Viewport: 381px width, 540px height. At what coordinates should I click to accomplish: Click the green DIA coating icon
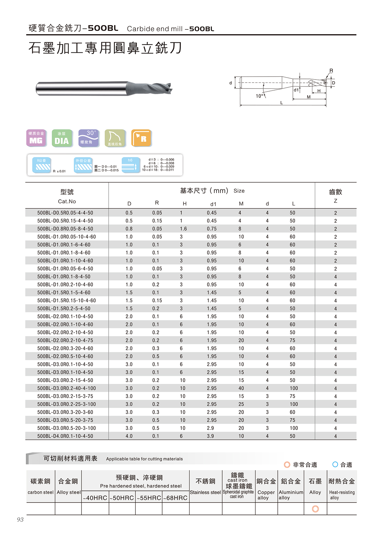coord(62,138)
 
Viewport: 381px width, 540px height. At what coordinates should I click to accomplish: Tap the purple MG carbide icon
coord(36,138)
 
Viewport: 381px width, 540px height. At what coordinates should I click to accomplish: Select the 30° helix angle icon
coord(89,138)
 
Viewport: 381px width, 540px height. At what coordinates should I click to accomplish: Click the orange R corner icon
coord(141,138)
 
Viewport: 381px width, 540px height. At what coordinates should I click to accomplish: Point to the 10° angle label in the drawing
coord(259,96)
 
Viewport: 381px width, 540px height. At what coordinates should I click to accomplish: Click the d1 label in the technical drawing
coord(296,90)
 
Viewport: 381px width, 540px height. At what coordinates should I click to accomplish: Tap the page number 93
coord(20,519)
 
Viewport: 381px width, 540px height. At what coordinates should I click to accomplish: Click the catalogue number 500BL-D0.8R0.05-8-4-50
coord(65,229)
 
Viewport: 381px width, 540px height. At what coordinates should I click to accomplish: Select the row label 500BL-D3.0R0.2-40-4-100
coord(67,389)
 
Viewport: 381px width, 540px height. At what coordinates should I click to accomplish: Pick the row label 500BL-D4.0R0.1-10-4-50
coord(65,436)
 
